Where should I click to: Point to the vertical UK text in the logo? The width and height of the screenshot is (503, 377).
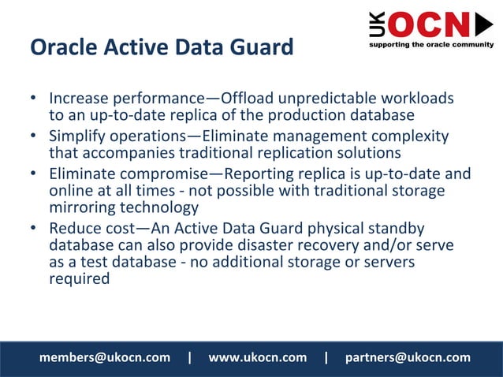pyautogui.click(x=377, y=25)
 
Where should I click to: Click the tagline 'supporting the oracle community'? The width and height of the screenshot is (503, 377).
pyautogui.click(x=431, y=44)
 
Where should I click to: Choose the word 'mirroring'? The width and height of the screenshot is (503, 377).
pyautogui.click(x=86, y=207)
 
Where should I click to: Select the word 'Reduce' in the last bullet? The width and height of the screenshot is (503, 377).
pyautogui.click(x=74, y=228)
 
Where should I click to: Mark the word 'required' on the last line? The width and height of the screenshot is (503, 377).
pyautogui.click(x=79, y=278)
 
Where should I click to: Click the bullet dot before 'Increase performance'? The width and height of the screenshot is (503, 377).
pyautogui.click(x=34, y=100)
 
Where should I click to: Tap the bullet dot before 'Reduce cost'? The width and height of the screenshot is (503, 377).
pyautogui.click(x=34, y=229)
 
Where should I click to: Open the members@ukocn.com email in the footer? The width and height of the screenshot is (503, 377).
pyautogui.click(x=105, y=357)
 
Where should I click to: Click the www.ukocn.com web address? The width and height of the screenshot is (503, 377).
pyautogui.click(x=257, y=357)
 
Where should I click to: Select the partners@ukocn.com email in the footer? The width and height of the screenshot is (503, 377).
pyautogui.click(x=408, y=357)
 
